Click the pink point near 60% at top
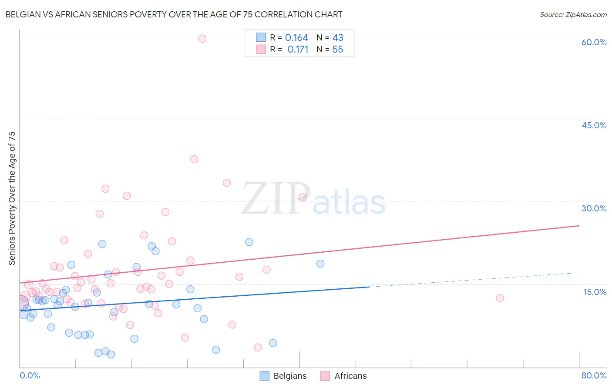tap(202, 39)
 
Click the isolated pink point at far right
tap(500, 298)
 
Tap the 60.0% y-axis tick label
tap(594, 42)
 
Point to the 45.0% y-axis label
tap(594, 125)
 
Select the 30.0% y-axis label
tap(594, 208)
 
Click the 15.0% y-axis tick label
tap(595, 292)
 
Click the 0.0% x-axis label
tap(30, 375)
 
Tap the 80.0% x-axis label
tap(594, 375)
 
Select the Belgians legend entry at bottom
tap(283, 376)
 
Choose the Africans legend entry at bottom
tap(344, 376)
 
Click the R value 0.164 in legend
tap(296, 38)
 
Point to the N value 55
tap(338, 50)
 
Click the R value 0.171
tap(298, 50)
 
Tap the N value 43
tap(338, 38)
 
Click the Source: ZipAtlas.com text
tap(573, 15)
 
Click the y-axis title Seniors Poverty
tap(12, 198)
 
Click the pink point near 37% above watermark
tap(194, 159)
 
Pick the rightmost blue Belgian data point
tap(320, 264)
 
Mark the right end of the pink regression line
tap(579, 226)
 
